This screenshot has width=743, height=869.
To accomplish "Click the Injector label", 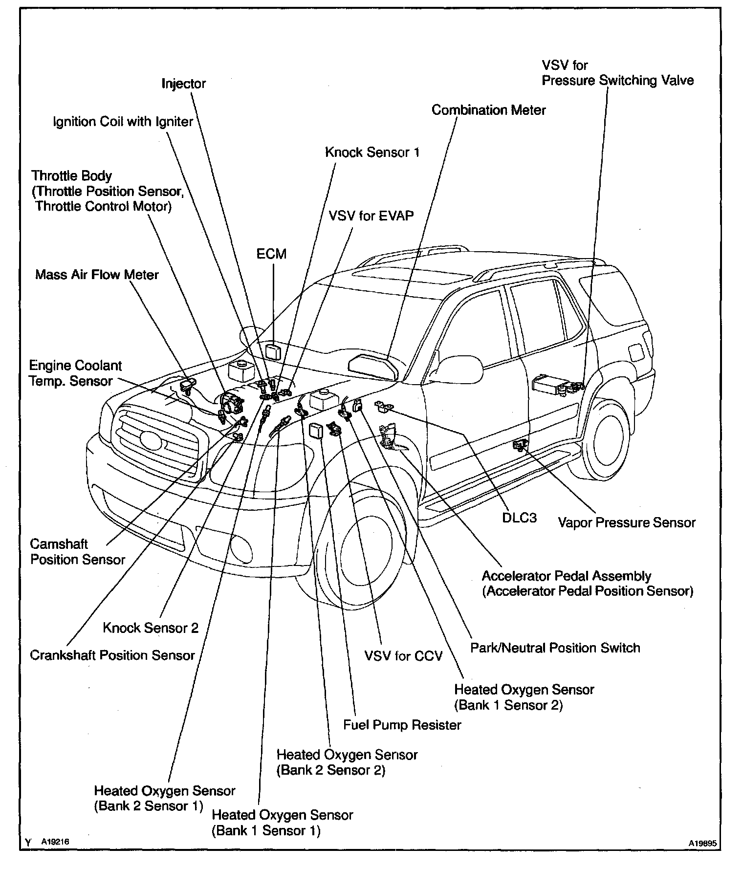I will [x=184, y=84].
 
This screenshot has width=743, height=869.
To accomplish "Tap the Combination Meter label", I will [x=488, y=110].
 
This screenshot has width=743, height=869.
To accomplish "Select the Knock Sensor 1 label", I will [x=372, y=152].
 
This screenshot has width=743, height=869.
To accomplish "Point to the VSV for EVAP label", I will [x=371, y=216].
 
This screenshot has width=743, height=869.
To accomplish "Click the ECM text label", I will [x=271, y=254].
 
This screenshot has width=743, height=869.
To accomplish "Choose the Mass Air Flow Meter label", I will [x=97, y=275].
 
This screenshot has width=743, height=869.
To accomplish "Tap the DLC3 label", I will [x=519, y=518].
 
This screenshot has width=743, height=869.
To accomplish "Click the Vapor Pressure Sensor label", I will [x=627, y=522].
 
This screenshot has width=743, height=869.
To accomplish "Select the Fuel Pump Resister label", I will [x=402, y=724].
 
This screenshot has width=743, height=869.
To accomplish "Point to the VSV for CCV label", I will [x=403, y=655].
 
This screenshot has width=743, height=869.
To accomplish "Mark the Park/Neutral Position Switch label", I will [x=555, y=648].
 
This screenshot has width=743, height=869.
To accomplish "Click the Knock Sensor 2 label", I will [x=151, y=628].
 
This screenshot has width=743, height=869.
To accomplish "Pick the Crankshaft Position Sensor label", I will [x=112, y=655].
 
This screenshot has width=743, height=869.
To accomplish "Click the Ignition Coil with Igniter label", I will [x=123, y=122].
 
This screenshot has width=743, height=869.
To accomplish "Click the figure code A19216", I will [x=55, y=842].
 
